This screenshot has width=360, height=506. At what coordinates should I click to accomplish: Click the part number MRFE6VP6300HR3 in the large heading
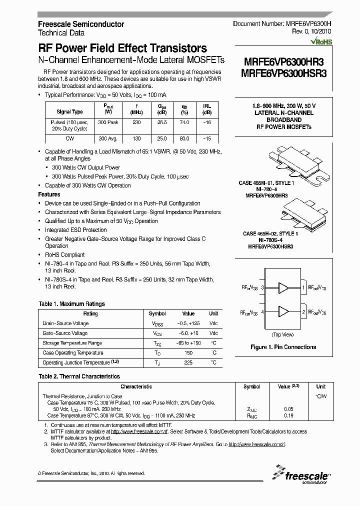click(283, 62)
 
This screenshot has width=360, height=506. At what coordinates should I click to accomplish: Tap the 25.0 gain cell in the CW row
click(162, 138)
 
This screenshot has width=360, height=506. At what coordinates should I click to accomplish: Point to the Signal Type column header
click(69, 112)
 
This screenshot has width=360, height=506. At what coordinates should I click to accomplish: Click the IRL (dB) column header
click(206, 108)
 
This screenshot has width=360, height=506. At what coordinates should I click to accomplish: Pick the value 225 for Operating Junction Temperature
click(188, 362)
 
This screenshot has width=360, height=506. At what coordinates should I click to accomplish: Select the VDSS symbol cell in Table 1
click(157, 323)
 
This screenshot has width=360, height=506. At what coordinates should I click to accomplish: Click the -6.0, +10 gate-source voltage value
click(188, 333)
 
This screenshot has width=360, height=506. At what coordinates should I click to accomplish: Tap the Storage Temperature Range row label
click(72, 343)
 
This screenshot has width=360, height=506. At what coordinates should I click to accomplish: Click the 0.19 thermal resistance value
click(288, 415)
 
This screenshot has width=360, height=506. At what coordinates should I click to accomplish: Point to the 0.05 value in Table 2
click(288, 409)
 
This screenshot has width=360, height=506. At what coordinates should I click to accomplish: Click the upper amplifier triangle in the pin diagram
click(284, 288)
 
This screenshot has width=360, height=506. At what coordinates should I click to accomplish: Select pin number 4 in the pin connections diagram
click(262, 311)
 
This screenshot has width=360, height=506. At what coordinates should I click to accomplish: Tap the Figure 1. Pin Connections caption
click(283, 347)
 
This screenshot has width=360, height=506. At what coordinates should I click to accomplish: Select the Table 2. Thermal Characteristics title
click(79, 376)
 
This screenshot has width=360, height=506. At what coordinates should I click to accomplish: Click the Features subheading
click(49, 194)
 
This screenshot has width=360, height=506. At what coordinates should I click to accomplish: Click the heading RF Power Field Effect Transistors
click(122, 48)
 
